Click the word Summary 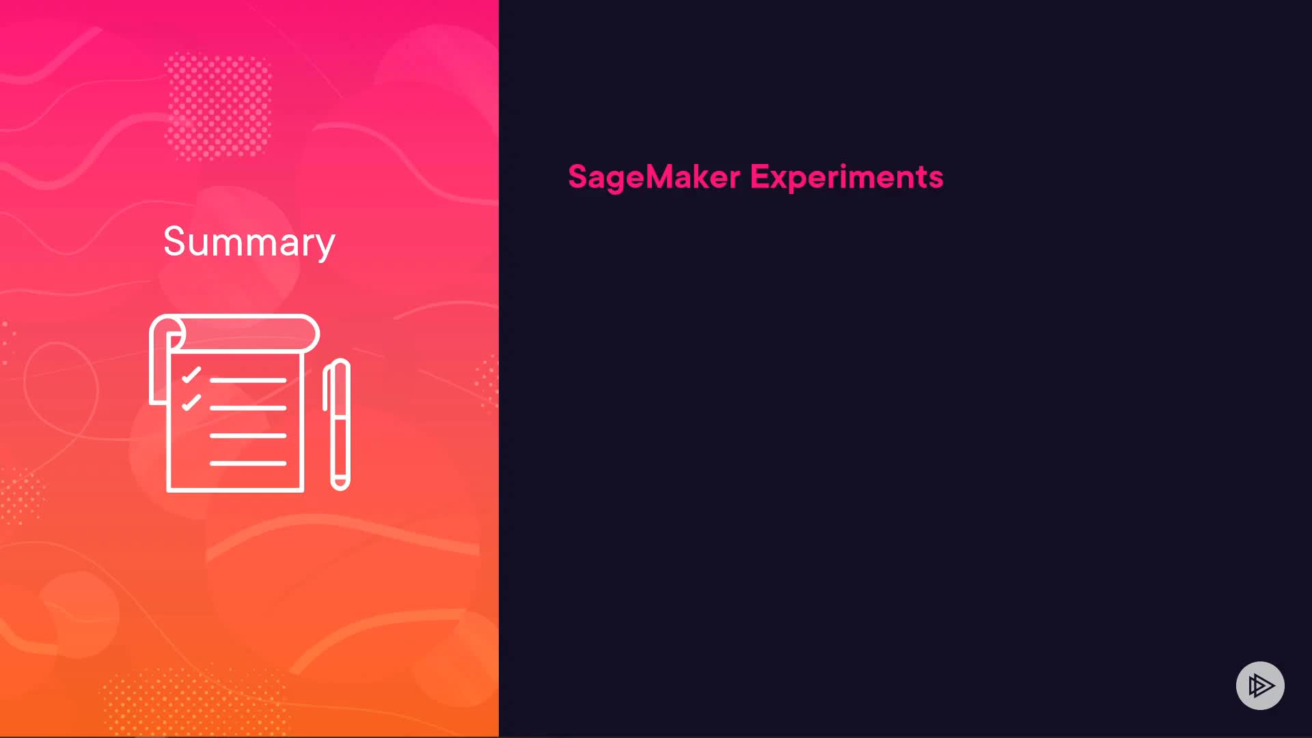pos(249,242)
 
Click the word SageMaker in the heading pos(654,177)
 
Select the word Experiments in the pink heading pos(847,177)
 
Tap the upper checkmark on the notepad pos(191,375)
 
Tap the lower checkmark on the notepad pos(191,402)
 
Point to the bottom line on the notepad pos(248,463)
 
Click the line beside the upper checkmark pos(248,380)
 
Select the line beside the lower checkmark pos(248,408)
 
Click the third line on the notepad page pos(248,435)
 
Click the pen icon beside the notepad pos(337,424)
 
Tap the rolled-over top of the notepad pos(234,333)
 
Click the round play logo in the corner pos(1260,685)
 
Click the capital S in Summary pos(175,241)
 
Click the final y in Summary pos(325,247)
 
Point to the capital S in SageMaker pos(578,176)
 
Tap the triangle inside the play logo pos(1261,685)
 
